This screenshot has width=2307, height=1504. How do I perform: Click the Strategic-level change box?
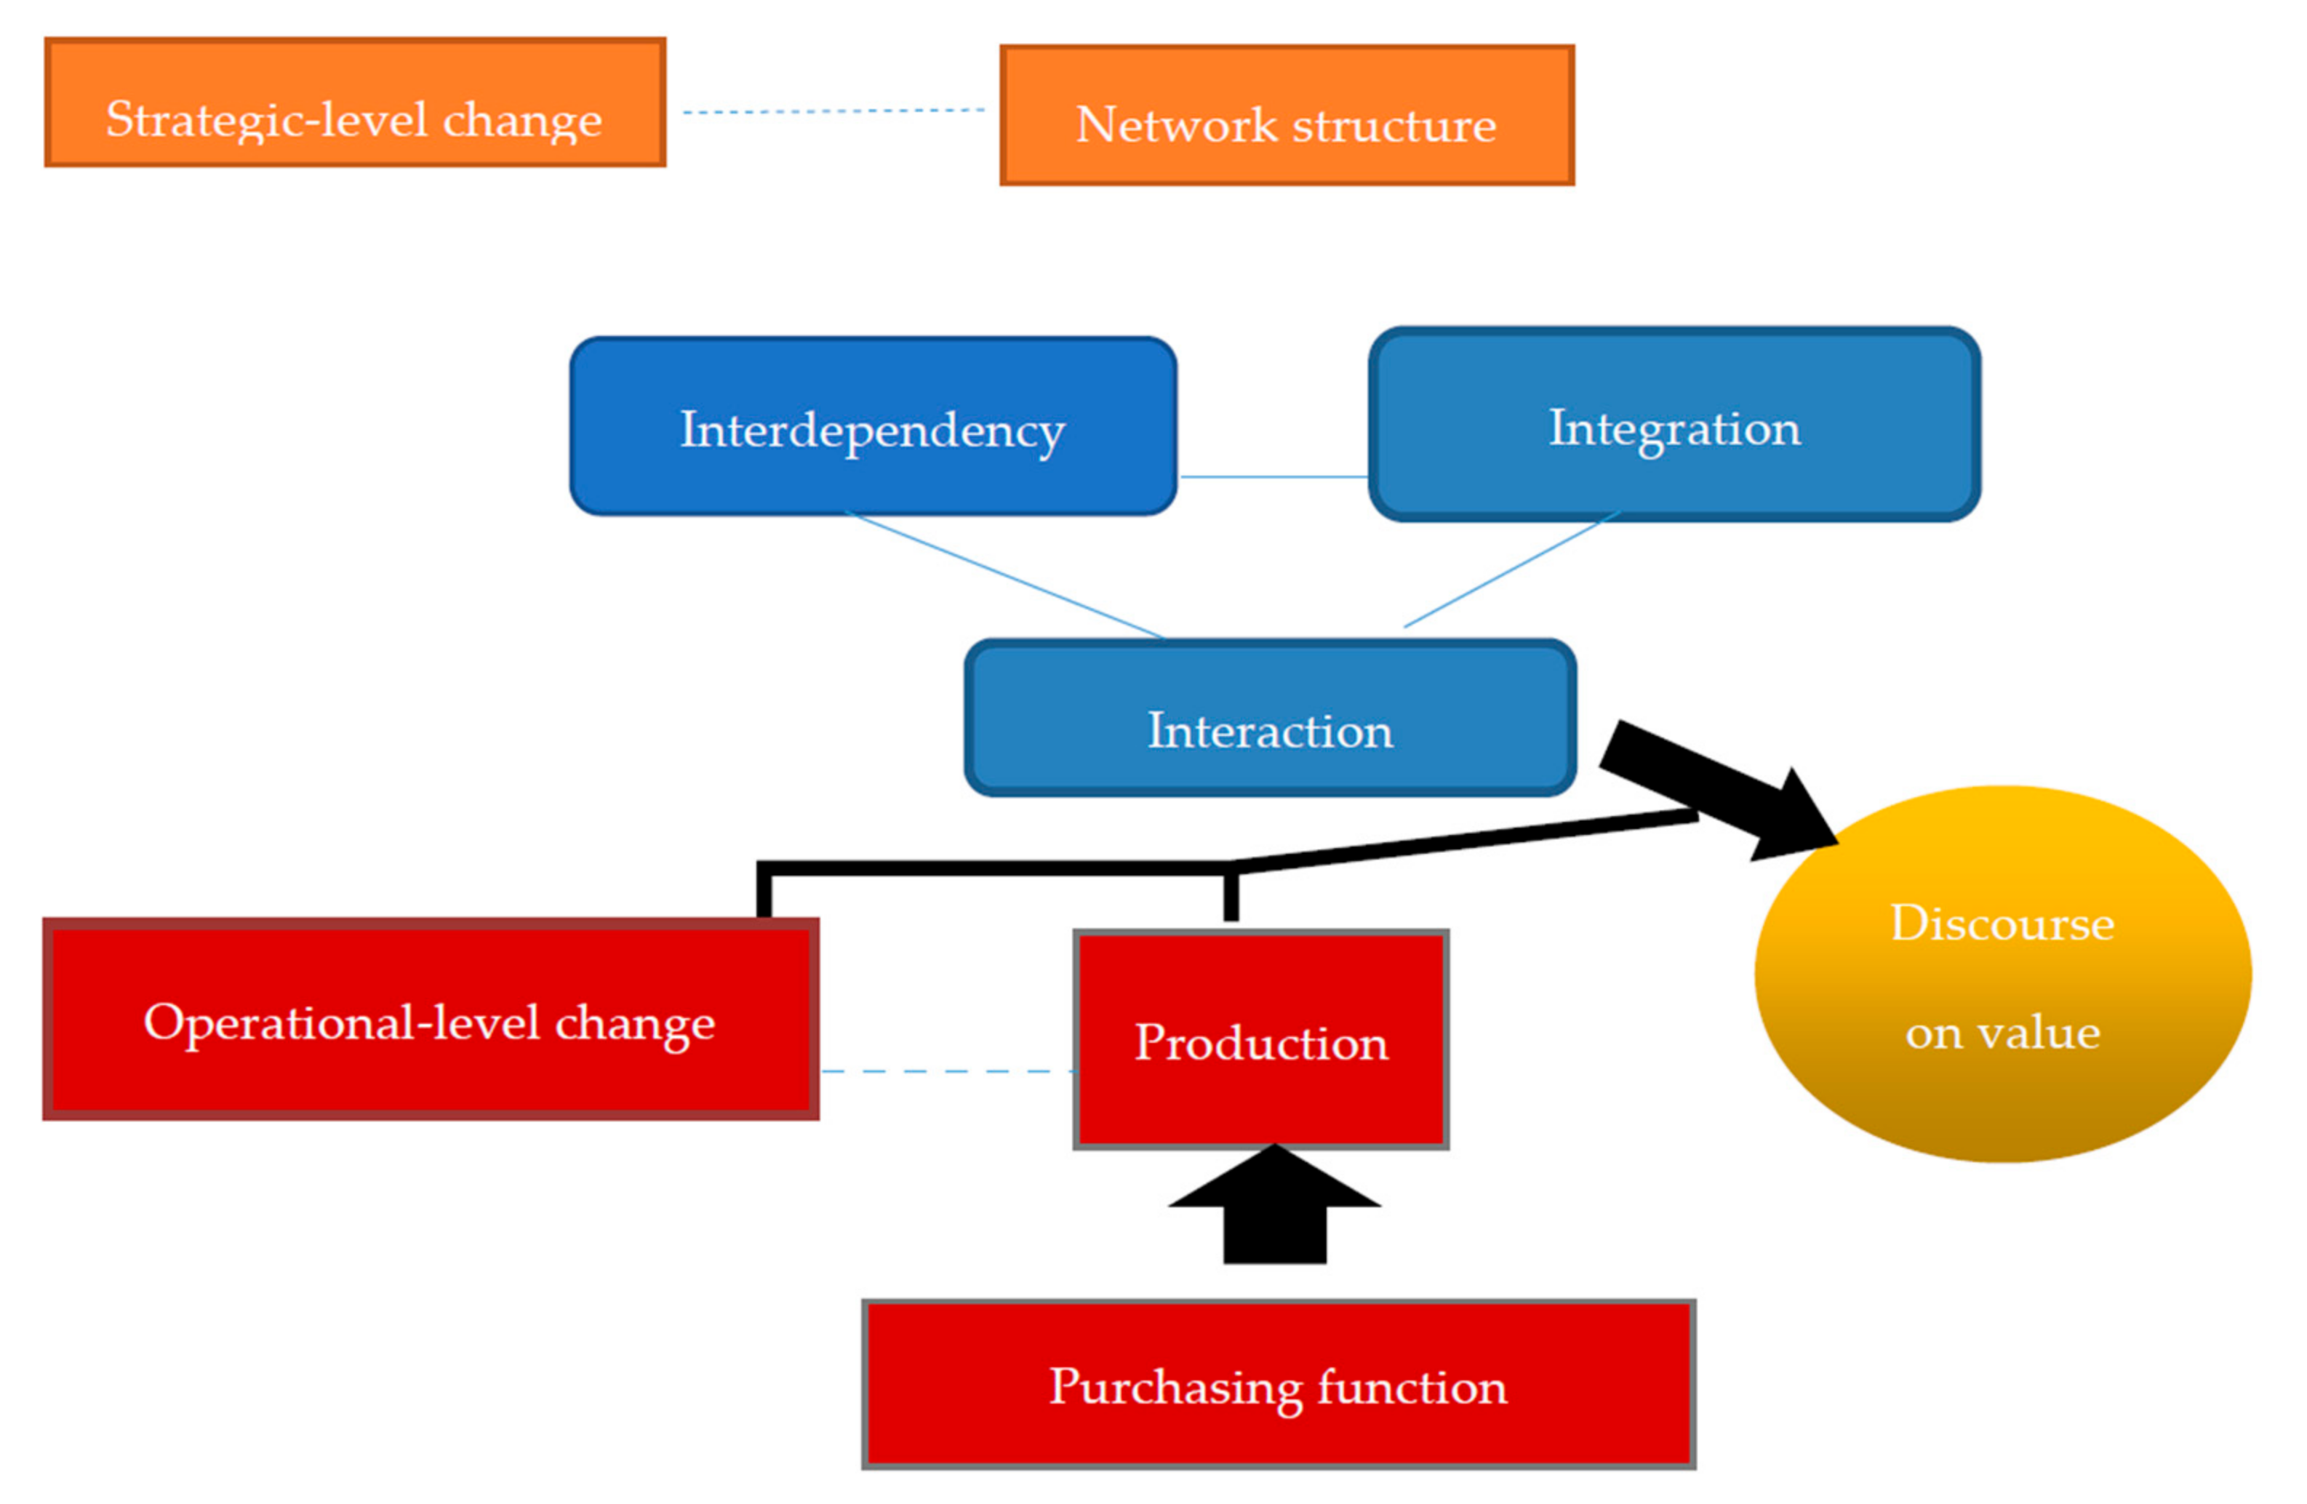[x=355, y=103]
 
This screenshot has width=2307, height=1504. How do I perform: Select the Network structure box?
[x=1287, y=116]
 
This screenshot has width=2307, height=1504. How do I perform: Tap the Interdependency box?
[x=872, y=426]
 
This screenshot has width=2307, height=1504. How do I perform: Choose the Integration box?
[x=1674, y=425]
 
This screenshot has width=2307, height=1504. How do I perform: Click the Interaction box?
[x=1270, y=718]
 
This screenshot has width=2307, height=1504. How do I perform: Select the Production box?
[x=1260, y=1041]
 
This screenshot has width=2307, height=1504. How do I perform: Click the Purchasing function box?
[x=1278, y=1385]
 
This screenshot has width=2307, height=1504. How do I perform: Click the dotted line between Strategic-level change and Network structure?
[x=833, y=111]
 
